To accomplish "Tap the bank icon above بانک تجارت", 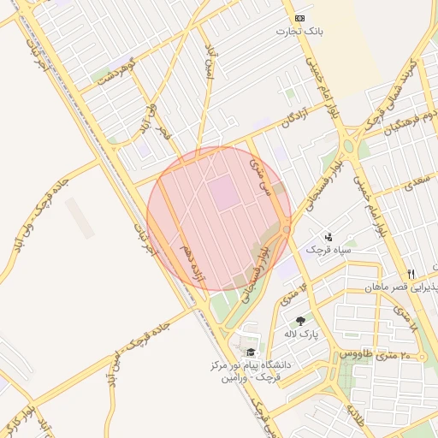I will tap(299, 18).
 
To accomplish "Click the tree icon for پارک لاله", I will tap(299, 321).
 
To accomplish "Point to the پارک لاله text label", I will tap(301, 334).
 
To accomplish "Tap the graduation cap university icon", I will tap(250, 352).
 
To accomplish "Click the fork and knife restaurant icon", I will tap(411, 274).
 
